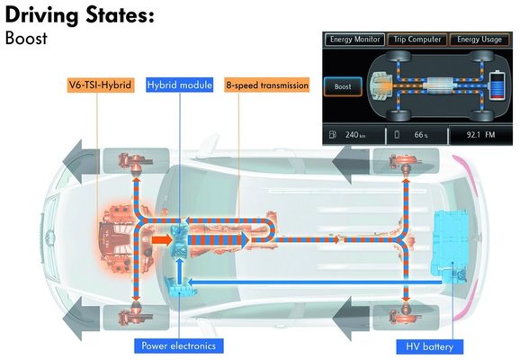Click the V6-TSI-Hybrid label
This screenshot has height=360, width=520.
click(x=101, y=85)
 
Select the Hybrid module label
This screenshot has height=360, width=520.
click(x=179, y=85)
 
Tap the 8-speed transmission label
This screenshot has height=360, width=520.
click(x=267, y=85)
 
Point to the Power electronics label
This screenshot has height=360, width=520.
click(x=179, y=346)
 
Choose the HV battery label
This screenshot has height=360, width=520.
click(x=429, y=346)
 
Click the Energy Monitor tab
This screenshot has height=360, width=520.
click(x=354, y=40)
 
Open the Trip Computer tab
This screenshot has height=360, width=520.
click(x=417, y=40)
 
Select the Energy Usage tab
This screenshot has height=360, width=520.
click(x=480, y=40)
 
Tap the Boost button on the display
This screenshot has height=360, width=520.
click(x=343, y=86)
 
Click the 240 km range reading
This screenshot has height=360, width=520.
click(x=355, y=135)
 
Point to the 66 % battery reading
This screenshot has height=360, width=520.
click(x=421, y=135)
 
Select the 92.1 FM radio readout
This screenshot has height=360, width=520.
click(x=480, y=135)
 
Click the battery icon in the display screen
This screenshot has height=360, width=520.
click(x=497, y=85)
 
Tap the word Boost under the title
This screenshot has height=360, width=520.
click(x=26, y=38)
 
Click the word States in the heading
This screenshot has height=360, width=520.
click(x=120, y=15)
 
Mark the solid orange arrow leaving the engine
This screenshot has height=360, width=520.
click(x=162, y=240)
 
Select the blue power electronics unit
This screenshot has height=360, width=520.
click(x=179, y=287)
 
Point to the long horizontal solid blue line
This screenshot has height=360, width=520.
click(x=315, y=283)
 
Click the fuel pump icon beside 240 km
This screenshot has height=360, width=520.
click(x=333, y=135)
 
